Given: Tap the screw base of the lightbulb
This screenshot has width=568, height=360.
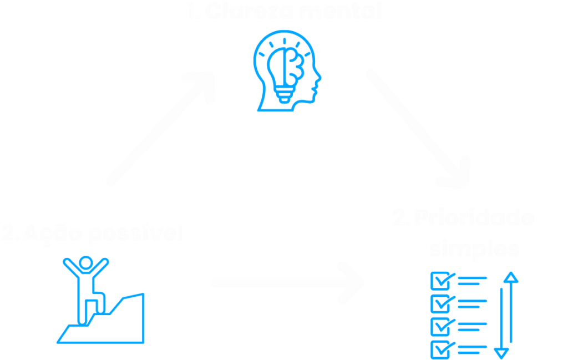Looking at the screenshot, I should (x=285, y=95).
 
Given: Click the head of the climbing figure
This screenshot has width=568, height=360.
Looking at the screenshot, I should (x=85, y=262).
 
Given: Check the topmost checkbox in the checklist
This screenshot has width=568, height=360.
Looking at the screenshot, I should (x=440, y=281).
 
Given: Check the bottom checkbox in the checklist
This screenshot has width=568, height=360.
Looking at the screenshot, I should (x=440, y=349).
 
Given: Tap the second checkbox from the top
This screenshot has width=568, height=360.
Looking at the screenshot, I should (x=440, y=303).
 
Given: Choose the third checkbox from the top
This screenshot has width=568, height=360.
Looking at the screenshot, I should (x=440, y=327).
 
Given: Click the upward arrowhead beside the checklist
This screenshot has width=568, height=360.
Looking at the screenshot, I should (x=510, y=277).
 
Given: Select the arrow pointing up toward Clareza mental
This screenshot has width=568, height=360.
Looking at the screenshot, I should (x=161, y=130).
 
